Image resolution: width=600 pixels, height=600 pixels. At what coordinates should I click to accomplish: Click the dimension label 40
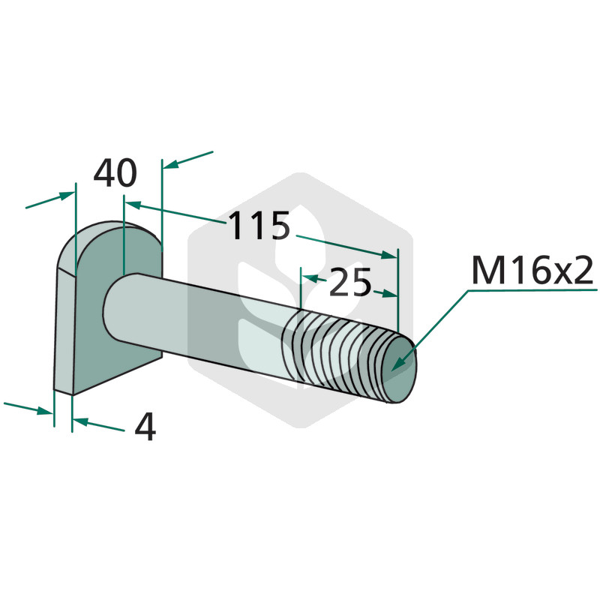115,173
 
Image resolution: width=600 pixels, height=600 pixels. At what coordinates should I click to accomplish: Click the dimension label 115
259,226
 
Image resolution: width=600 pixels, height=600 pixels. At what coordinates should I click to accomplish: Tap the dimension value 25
349,283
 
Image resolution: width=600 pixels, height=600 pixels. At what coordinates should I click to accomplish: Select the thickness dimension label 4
145,427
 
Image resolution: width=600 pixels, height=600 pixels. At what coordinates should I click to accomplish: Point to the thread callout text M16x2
532,271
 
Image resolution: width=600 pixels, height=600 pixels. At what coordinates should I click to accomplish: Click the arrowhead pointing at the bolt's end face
399,363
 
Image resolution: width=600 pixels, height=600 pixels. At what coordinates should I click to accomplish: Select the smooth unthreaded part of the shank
195,317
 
